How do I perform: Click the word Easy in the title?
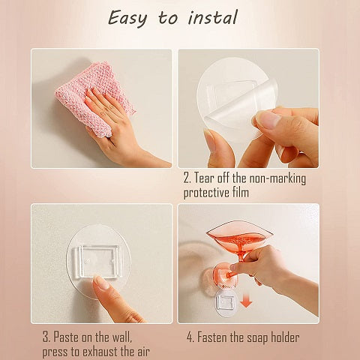pos(127,19)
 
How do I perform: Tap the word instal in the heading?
pos(212,17)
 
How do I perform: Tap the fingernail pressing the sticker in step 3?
pos(100,282)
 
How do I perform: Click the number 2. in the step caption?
pos(187,178)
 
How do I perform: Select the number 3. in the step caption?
pos(46,337)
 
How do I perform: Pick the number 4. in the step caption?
pos(190,337)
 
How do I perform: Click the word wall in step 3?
pos(121,337)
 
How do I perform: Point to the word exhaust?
pos(100,352)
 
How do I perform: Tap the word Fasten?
pos(212,337)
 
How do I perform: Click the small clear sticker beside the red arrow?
pos(226,303)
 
